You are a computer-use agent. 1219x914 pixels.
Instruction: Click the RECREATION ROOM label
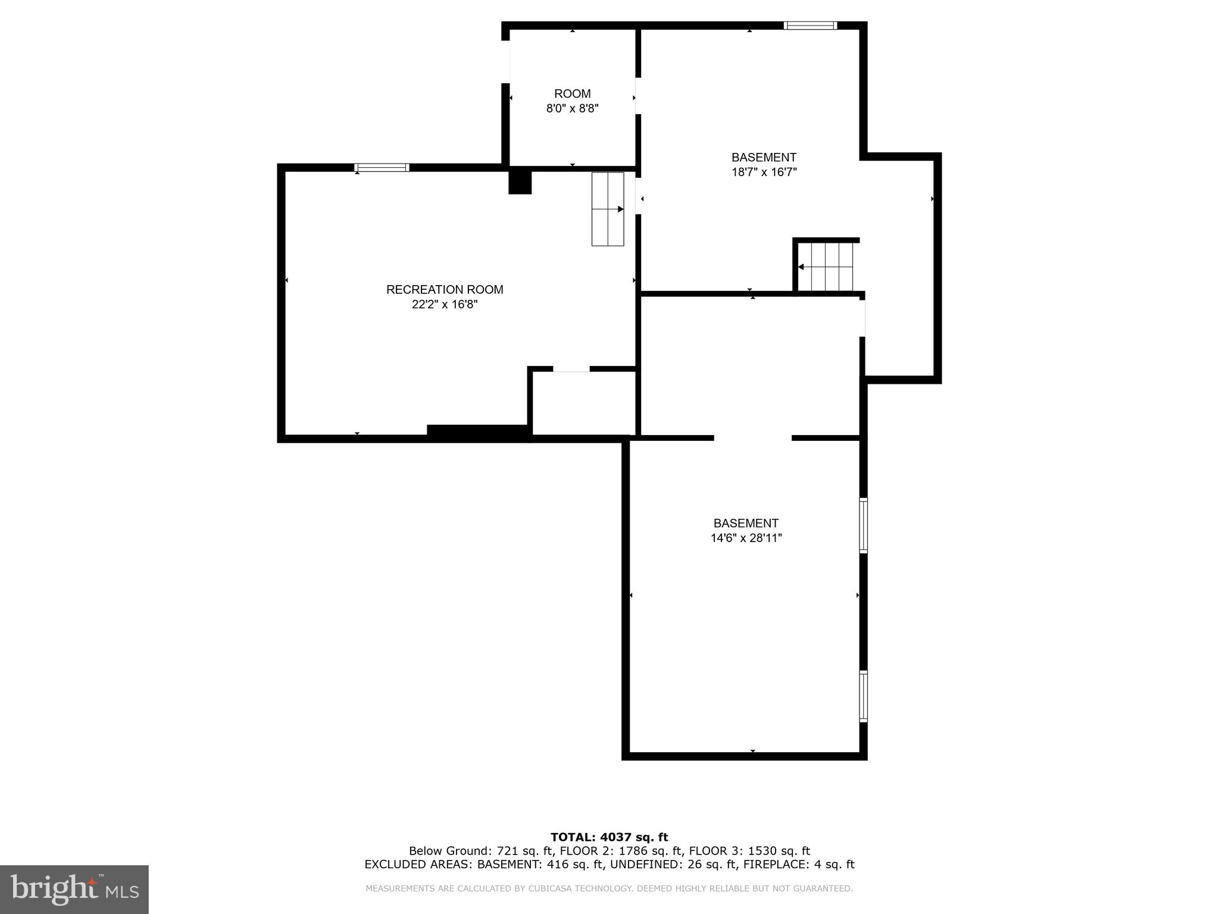coord(445,290)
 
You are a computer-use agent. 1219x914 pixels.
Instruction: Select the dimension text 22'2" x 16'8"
coord(445,305)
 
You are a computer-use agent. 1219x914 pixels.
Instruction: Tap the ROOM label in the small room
coord(572,94)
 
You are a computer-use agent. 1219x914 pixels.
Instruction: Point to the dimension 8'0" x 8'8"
coord(572,109)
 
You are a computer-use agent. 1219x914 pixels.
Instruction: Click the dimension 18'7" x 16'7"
coord(764,173)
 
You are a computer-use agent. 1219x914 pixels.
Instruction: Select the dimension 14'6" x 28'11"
coord(746,539)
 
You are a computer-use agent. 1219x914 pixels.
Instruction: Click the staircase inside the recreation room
coord(607,209)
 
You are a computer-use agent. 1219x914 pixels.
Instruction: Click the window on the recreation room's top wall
coord(382,168)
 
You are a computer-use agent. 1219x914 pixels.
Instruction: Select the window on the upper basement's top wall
coord(810,26)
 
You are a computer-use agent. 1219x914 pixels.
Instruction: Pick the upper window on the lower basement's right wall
coord(863,525)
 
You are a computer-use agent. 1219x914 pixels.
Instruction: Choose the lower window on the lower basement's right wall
coord(863,696)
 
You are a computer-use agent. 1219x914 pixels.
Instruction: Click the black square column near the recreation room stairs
coord(520,182)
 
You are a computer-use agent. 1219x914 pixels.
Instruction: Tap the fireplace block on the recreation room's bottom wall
coord(478,433)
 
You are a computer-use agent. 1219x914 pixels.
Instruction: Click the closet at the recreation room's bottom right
coord(583,403)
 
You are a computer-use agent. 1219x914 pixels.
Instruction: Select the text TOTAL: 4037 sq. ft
coord(609,838)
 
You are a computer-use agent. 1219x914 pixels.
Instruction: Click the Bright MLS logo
coord(74,890)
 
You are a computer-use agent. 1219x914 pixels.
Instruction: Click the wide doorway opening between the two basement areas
coord(752,439)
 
